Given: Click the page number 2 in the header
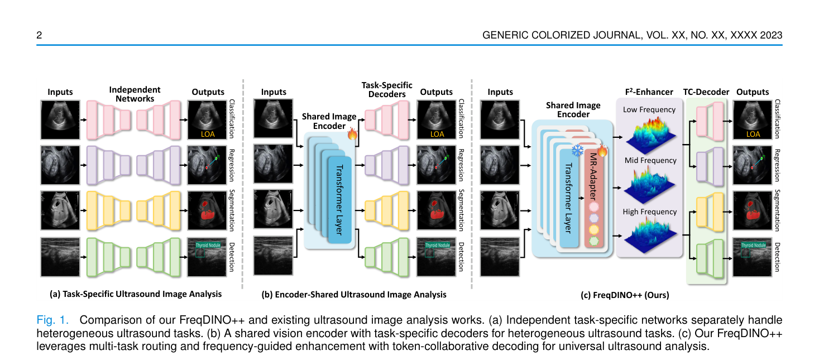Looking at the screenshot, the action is tap(39, 35).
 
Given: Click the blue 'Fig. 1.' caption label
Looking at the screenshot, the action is tap(52, 320).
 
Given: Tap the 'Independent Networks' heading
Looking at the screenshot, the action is tap(135, 94).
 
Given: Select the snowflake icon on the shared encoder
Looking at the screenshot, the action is tap(578, 150).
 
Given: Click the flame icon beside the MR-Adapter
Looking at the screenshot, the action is tap(602, 150).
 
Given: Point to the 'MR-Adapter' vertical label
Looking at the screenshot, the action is tap(593, 176).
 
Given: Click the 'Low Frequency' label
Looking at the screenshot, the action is tap(649, 109).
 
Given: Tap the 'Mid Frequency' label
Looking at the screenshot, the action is tap(650, 160).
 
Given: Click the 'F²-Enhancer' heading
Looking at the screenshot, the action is tap(649, 92).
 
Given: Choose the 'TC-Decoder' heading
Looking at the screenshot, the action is tap(706, 92).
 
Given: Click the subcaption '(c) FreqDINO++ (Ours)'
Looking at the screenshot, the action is tap(625, 295).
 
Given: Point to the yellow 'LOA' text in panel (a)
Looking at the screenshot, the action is tap(208, 134).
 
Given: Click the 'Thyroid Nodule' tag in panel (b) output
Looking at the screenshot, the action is tap(437, 245).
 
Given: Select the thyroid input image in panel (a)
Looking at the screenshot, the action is tap(60, 257).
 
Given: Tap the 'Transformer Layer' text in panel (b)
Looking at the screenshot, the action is tap(339, 200).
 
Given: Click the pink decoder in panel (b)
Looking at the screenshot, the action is tap(387, 120).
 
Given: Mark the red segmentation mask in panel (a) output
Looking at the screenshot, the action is tap(207, 211).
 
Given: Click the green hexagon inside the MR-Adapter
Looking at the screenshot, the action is tap(594, 241).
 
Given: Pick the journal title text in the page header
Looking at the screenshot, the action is tap(632, 35).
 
